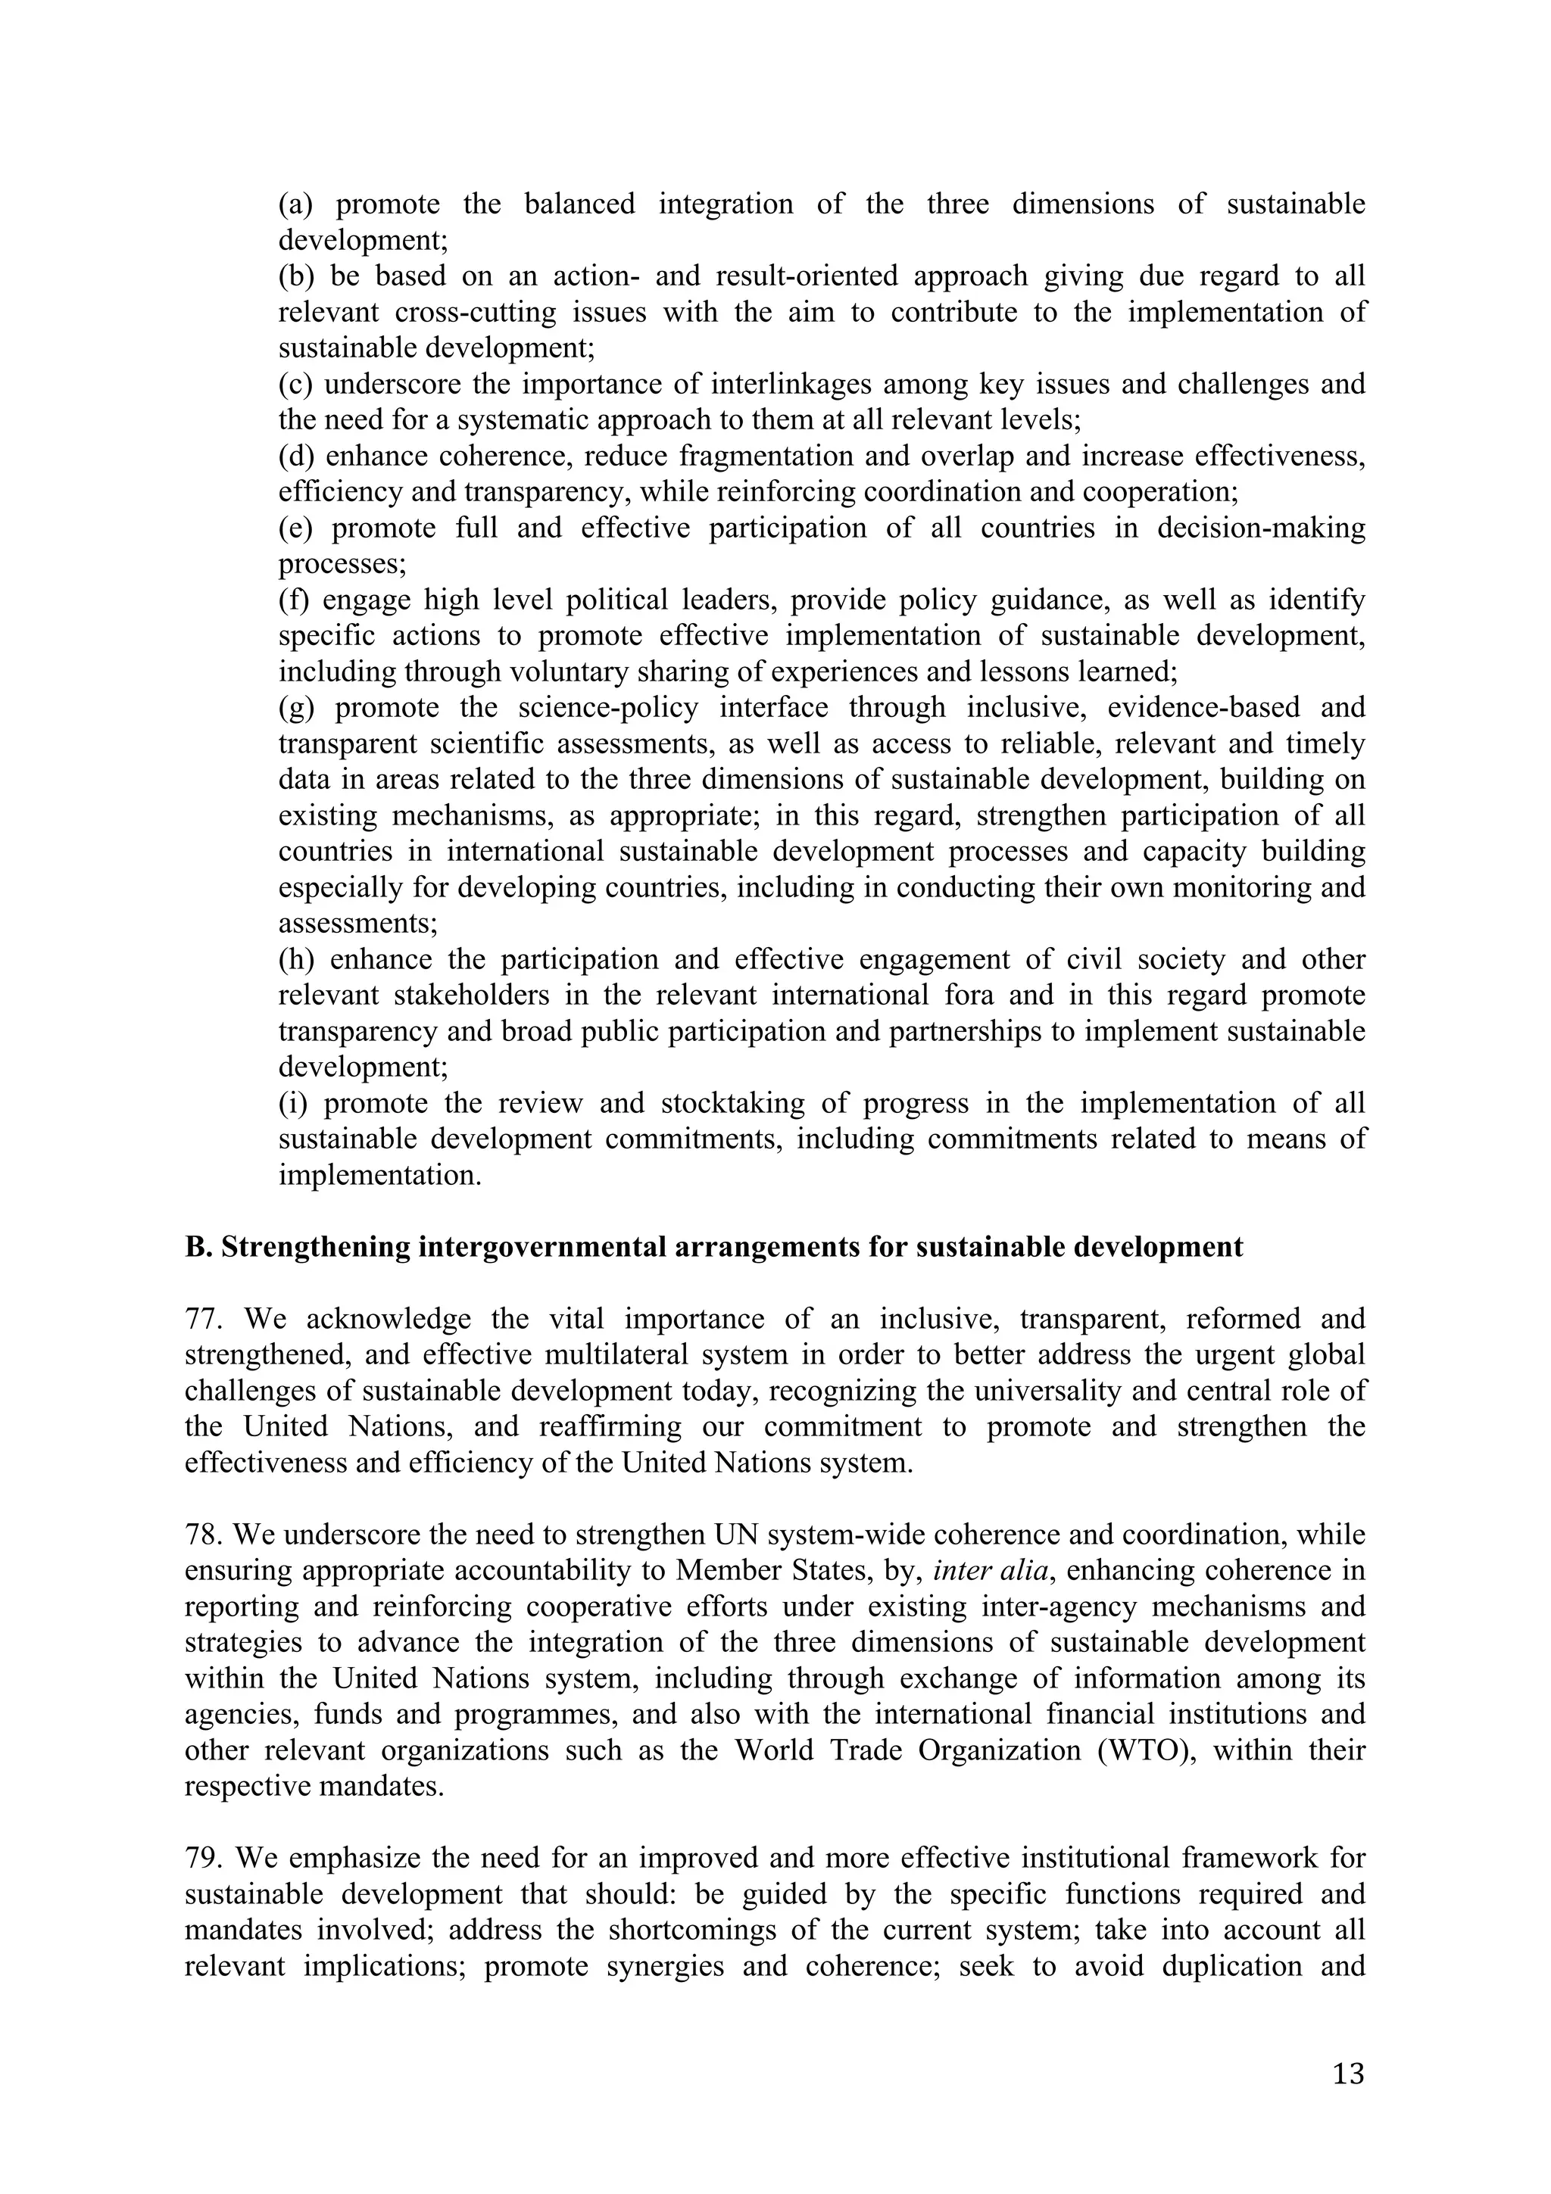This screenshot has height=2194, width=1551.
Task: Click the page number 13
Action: pyautogui.click(x=1347, y=2074)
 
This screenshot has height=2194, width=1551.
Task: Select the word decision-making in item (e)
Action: pyautogui.click(x=1260, y=528)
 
